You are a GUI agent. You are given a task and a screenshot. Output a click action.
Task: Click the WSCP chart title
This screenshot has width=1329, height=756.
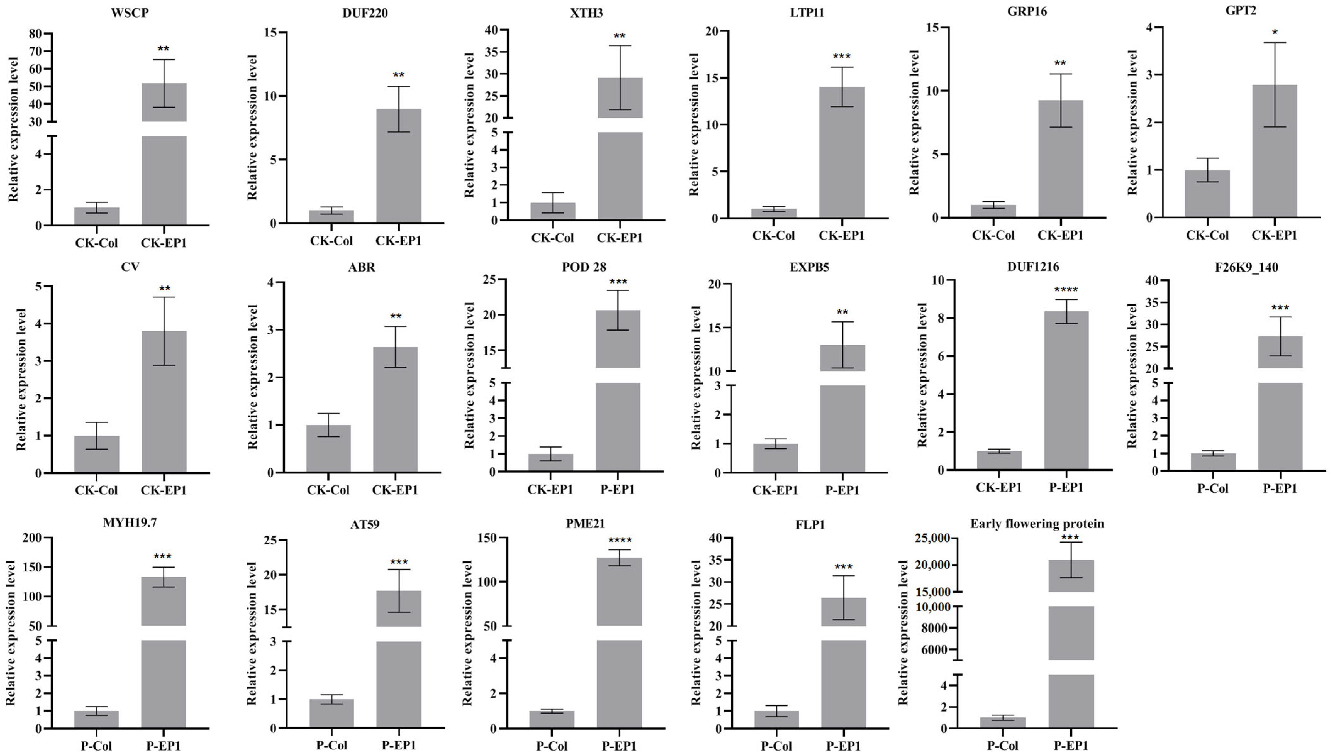[130, 13]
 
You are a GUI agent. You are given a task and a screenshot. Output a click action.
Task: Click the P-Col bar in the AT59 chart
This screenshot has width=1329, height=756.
[331, 714]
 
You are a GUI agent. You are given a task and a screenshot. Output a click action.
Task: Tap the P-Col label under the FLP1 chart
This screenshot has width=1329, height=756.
[776, 746]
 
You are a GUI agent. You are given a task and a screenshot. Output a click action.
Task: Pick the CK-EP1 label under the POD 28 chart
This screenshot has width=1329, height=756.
[550, 489]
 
